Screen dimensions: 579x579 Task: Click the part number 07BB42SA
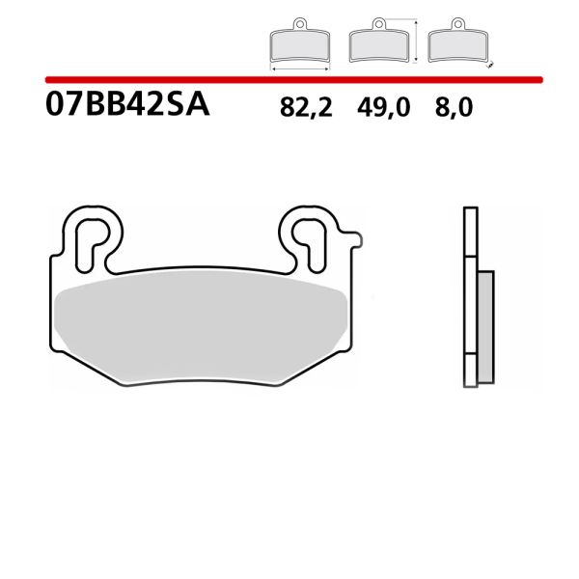pyautogui.click(x=126, y=105)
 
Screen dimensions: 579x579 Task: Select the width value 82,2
pyautogui.click(x=305, y=107)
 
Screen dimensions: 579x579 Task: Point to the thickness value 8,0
pyautogui.click(x=453, y=107)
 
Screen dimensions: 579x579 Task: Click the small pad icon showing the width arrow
pyautogui.click(x=299, y=44)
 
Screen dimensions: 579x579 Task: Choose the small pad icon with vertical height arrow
pyautogui.click(x=377, y=44)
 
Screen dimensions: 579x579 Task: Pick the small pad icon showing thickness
pyautogui.click(x=456, y=44)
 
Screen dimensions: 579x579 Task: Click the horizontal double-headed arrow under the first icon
pyautogui.click(x=299, y=69)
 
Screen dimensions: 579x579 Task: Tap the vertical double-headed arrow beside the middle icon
pyautogui.click(x=416, y=41)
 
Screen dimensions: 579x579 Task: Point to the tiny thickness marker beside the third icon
pyautogui.click(x=489, y=65)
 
